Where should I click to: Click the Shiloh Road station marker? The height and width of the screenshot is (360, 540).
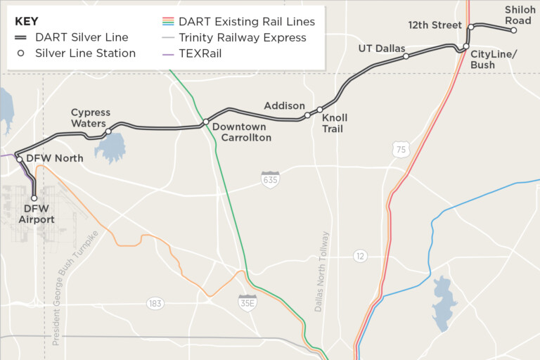pyautogui.click(x=514, y=30)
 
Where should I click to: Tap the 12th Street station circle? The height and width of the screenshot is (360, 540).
pyautogui.click(x=471, y=27)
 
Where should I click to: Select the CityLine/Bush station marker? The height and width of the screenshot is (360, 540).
pyautogui.click(x=465, y=47)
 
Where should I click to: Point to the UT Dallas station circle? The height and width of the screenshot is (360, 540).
pyautogui.click(x=406, y=56)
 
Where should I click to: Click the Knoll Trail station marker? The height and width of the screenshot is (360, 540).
pyautogui.click(x=320, y=110)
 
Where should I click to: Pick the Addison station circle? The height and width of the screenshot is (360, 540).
pyautogui.click(x=307, y=115)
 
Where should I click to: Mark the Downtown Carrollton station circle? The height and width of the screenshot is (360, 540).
pyautogui.click(x=205, y=122)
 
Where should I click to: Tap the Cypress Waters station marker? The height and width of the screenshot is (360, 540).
pyautogui.click(x=108, y=131)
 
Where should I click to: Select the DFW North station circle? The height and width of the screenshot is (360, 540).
pyautogui.click(x=20, y=159)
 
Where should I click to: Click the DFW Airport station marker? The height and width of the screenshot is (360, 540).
pyautogui.click(x=34, y=198)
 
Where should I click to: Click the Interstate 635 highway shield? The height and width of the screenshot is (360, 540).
pyautogui.click(x=270, y=179)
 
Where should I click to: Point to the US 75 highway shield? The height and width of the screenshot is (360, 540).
pyautogui.click(x=401, y=148)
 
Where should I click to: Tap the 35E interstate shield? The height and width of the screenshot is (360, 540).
pyautogui.click(x=247, y=302)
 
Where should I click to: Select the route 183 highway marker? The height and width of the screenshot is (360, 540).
pyautogui.click(x=155, y=304)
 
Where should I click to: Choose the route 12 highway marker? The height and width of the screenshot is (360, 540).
pyautogui.click(x=360, y=256)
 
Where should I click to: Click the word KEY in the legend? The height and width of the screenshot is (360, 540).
pyautogui.click(x=27, y=22)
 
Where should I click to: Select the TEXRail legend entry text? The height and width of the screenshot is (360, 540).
pyautogui.click(x=200, y=53)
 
